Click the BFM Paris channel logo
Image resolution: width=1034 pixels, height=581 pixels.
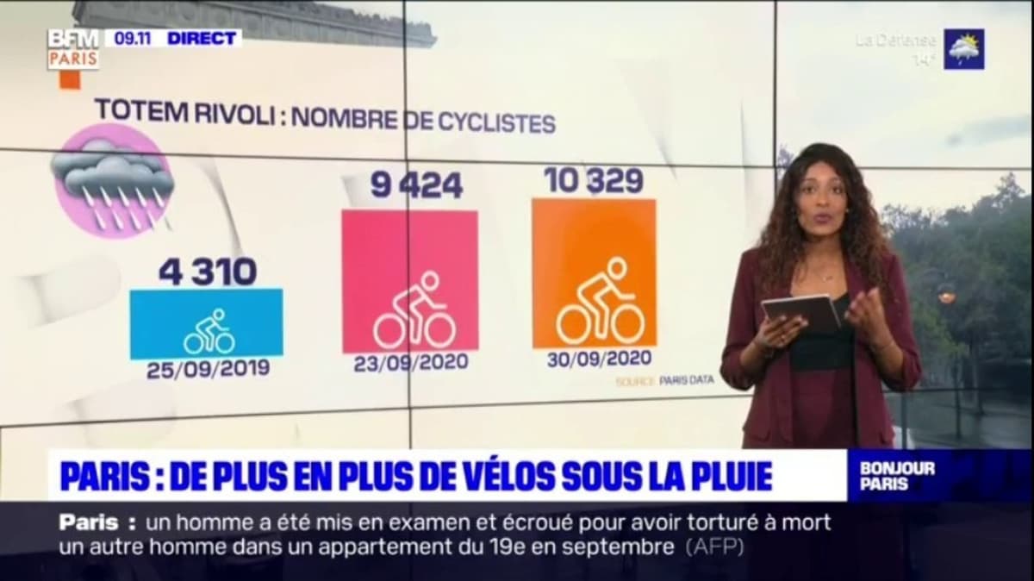(73, 49)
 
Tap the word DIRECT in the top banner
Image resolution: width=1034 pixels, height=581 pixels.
(202, 38)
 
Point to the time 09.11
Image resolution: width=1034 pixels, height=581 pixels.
(129, 38)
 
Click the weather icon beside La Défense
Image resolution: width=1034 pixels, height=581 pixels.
(963, 49)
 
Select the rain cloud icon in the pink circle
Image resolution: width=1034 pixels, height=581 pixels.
(113, 182)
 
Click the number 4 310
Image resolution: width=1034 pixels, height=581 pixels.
(208, 272)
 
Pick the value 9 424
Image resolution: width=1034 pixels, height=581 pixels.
(416, 184)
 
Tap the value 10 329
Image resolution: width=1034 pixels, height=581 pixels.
(594, 180)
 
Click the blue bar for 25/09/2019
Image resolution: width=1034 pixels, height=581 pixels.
(207, 323)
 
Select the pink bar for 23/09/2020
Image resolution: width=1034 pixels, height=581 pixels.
(410, 281)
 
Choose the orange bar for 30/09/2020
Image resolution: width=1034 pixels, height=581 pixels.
(594, 272)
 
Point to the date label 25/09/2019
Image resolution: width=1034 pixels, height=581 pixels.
(208, 369)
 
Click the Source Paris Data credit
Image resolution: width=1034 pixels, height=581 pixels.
(664, 380)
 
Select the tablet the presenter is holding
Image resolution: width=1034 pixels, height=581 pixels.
(801, 310)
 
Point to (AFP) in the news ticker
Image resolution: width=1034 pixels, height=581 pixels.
(714, 547)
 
